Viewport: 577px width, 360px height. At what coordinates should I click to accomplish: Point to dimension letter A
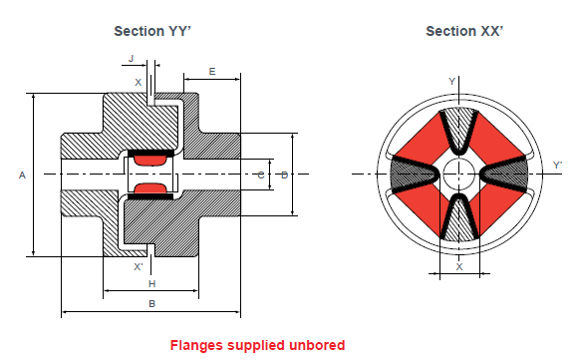22,175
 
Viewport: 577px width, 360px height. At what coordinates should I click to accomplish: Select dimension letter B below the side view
151,302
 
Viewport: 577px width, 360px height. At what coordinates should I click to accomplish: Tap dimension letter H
151,284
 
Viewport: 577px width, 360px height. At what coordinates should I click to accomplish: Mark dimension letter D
284,175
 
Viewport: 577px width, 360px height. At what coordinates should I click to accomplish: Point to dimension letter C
260,175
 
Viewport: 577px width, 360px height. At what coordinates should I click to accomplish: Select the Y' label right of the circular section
556,165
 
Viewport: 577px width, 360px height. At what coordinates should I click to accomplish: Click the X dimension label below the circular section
458,266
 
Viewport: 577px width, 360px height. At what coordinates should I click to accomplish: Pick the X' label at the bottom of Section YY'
138,267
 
